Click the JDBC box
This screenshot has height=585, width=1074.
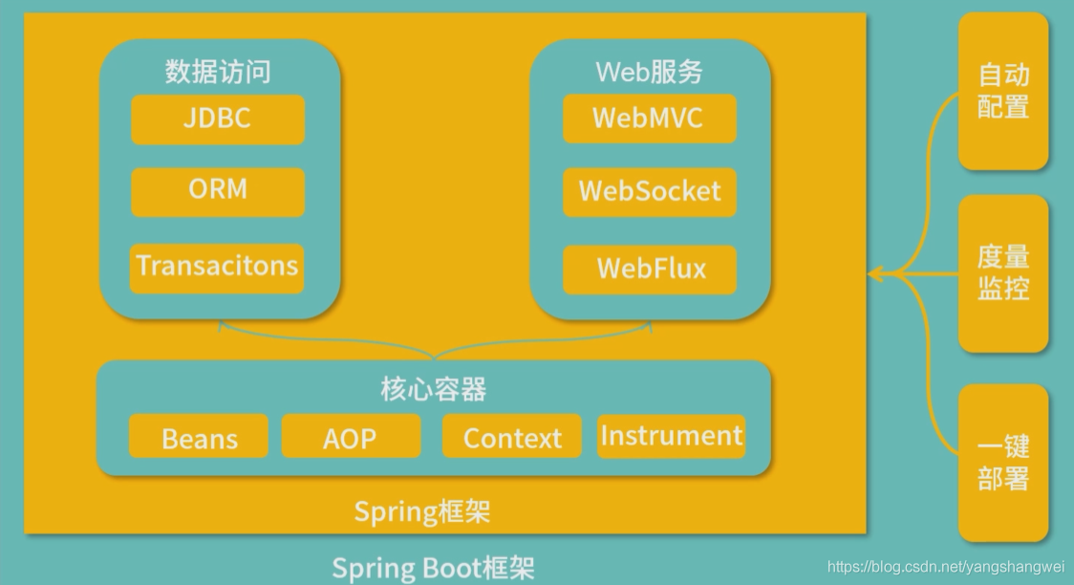[218, 119]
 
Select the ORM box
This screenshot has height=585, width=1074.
[218, 190]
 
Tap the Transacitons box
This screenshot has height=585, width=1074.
[218, 267]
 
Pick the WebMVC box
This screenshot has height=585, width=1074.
[650, 119]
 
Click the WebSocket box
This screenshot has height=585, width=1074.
[650, 191]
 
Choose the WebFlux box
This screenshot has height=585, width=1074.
[650, 269]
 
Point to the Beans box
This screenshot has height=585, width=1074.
[199, 438]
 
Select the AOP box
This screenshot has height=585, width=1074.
[351, 438]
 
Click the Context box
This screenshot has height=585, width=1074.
[512, 438]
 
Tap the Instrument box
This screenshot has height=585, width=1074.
[671, 436]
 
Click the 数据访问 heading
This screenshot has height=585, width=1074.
[218, 72]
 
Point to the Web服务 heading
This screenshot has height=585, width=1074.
[650, 72]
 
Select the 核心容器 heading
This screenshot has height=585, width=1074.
[433, 389]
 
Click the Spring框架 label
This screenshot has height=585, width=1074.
[422, 511]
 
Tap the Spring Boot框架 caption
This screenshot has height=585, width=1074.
[433, 568]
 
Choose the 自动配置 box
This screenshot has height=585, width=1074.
[1003, 91]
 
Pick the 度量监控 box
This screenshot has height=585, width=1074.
[1003, 272]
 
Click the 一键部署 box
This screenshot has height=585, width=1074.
[1003, 463]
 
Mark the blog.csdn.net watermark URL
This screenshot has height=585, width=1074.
[946, 567]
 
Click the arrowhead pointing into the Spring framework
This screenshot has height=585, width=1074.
[876, 274]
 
